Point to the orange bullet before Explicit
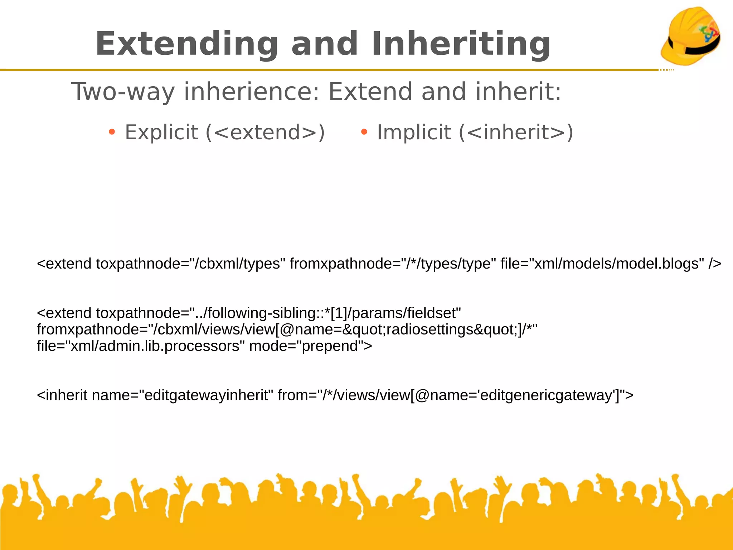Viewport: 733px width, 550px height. (112, 132)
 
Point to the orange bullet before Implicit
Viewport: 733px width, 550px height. (364, 132)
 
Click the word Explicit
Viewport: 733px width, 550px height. (161, 132)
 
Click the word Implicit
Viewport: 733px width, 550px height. (414, 132)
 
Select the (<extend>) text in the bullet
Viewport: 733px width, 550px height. (265, 132)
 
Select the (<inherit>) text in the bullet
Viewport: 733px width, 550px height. (516, 132)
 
